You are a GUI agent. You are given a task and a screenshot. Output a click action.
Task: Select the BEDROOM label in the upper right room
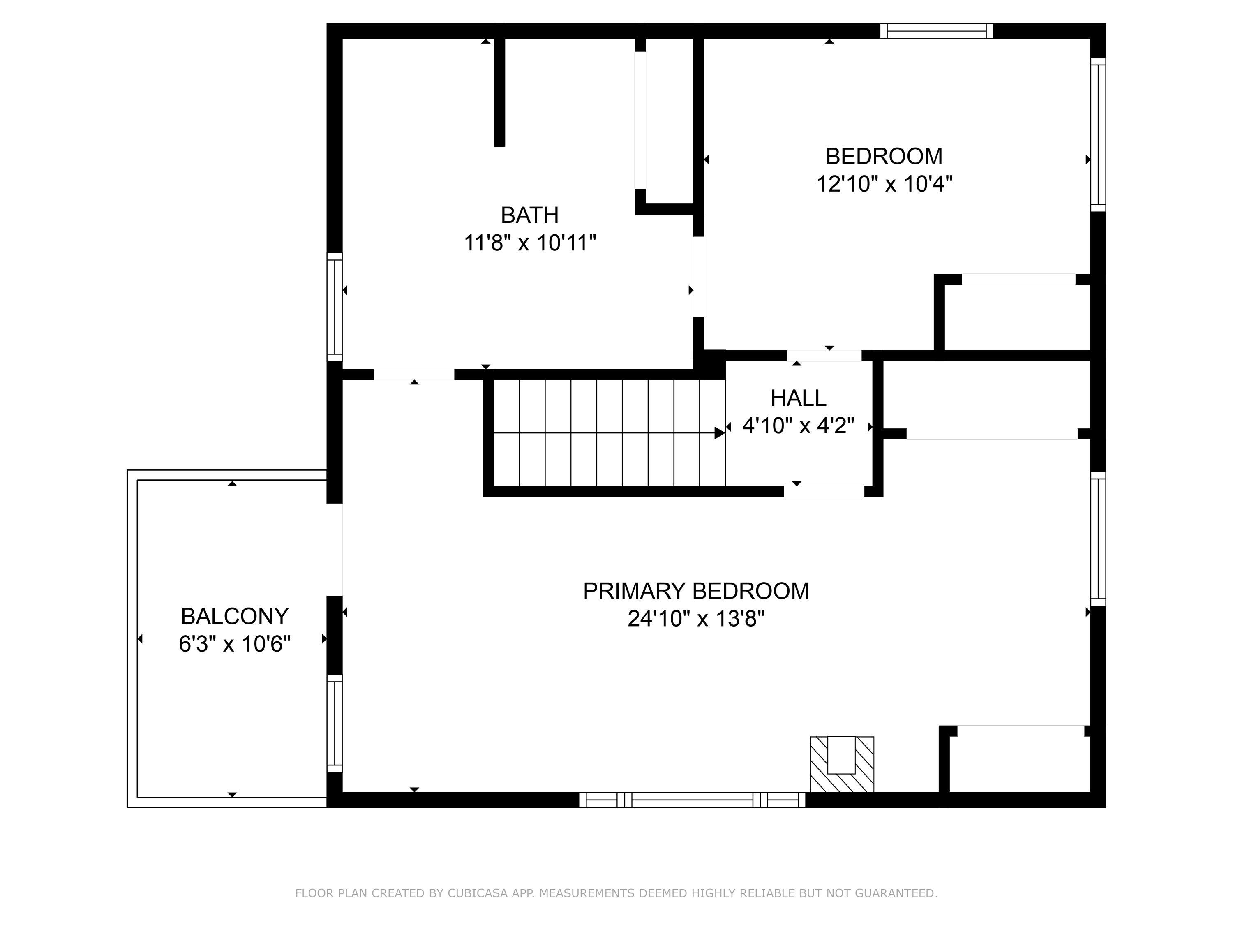(884, 156)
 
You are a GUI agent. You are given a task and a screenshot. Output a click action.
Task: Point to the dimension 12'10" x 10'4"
(884, 183)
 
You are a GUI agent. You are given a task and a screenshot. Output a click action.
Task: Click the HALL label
(798, 398)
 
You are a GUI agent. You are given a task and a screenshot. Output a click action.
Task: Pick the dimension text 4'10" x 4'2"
(798, 426)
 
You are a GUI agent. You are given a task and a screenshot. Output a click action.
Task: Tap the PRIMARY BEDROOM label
(696, 591)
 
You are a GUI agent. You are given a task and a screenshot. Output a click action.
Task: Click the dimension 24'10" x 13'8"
(696, 619)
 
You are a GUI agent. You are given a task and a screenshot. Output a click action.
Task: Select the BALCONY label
(235, 617)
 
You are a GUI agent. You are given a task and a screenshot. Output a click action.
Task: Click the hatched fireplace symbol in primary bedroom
(841, 763)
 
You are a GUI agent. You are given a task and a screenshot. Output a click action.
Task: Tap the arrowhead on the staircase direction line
(719, 432)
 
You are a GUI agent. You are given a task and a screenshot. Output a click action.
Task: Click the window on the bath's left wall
(334, 307)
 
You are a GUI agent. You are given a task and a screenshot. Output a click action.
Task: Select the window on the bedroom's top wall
(936, 31)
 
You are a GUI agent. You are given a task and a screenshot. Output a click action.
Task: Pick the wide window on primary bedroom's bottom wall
(692, 800)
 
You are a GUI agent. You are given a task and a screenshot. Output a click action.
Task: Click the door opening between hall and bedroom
(824, 356)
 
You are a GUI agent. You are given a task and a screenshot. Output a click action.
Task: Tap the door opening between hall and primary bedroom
(824, 491)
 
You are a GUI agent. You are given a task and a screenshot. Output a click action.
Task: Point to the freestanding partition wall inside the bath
(499, 92)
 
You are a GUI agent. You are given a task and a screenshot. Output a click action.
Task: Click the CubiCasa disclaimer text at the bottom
(616, 893)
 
